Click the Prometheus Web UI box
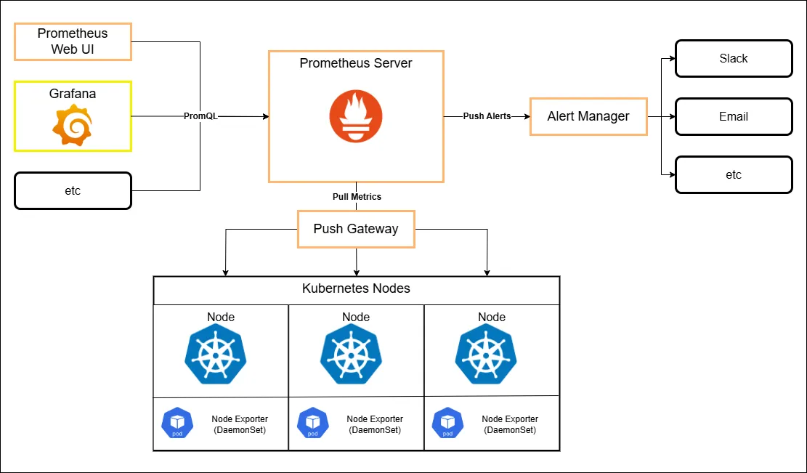73,41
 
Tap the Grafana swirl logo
72,125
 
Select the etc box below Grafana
73,190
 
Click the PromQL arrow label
200,116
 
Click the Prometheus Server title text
355,63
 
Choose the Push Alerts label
487,116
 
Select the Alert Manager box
588,116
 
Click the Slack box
733,59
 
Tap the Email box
733,117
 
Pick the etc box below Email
733,175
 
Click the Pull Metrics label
356,197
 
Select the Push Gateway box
356,229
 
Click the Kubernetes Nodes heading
356,289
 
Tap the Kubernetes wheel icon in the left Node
216,354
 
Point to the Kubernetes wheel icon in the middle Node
351,354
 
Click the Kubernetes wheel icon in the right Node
486,354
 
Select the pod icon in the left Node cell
177,423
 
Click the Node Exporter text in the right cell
510,424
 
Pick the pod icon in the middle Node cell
313,423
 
